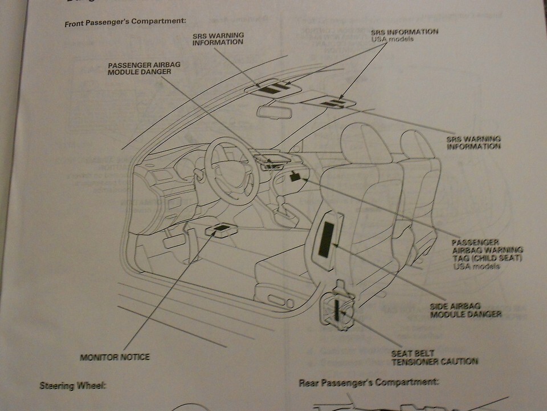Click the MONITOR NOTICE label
tap(115, 357)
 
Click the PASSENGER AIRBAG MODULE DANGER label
tap(144, 68)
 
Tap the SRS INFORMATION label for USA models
tap(405, 32)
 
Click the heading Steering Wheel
tap(72, 385)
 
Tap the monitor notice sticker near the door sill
tap(221, 229)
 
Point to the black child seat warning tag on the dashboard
tap(295, 176)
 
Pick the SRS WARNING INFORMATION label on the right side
tap(474, 142)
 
